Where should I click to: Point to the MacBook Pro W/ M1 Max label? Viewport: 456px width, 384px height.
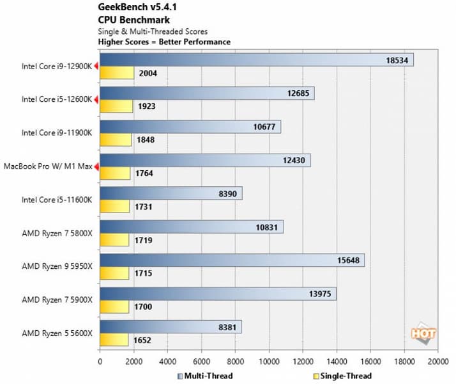coord(48,166)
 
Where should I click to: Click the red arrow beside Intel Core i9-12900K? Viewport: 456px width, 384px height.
coord(96,66)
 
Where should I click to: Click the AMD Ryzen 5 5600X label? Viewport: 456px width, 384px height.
coord(58,333)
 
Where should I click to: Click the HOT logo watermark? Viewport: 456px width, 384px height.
coord(423,333)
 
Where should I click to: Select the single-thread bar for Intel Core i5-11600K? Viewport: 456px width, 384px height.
coord(114,206)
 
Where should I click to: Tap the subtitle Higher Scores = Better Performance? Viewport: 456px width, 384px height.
coord(164,42)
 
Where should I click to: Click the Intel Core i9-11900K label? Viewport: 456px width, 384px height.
coord(58,133)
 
